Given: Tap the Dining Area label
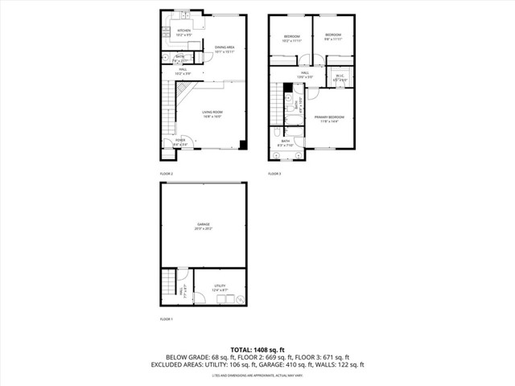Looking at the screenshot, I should (225, 49).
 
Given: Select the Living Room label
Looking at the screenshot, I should (212, 113).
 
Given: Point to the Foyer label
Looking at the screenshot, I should (179, 142).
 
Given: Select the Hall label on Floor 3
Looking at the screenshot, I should (305, 75).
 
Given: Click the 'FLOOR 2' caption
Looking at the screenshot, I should (166, 174).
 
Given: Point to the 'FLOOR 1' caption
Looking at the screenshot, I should (166, 319).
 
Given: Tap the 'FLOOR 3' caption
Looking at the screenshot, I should (274, 174).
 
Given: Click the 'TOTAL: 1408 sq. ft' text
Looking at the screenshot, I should (257, 349).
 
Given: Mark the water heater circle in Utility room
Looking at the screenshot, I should (239, 300).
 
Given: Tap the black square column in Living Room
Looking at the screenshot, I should (242, 145).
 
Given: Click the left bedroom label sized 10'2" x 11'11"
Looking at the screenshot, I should (291, 37).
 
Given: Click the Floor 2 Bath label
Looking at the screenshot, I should (180, 58).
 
